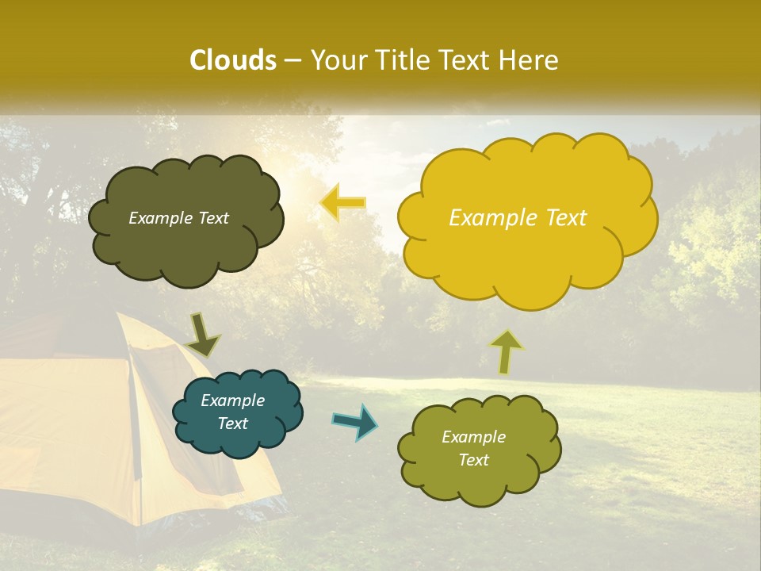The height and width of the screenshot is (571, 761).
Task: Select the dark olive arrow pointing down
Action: tap(203, 334)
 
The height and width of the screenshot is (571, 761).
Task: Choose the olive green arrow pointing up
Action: tap(507, 351)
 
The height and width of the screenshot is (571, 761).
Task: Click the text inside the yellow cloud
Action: tap(518, 218)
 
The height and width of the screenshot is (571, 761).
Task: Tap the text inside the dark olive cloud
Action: tap(178, 218)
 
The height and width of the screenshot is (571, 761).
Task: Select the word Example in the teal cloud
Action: tap(232, 400)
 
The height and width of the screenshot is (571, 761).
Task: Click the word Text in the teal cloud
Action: tap(233, 423)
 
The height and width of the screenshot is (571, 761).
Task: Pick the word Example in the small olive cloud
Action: tap(473, 437)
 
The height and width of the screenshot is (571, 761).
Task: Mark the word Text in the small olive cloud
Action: tap(473, 460)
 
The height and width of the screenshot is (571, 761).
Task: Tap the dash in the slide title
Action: tap(293, 61)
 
